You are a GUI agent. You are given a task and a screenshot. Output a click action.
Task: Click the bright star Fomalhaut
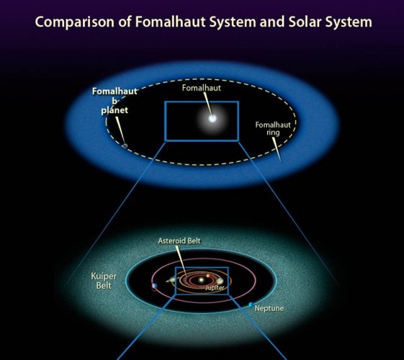(212, 119)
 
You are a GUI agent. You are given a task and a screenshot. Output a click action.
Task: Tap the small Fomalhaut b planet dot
(125, 146)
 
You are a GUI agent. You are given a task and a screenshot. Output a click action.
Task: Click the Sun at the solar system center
(201, 279)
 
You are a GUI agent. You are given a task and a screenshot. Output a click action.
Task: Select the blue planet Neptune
(251, 305)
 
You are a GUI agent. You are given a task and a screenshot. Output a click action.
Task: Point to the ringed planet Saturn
(171, 279)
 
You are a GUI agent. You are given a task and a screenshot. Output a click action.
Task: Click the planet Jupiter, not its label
(220, 281)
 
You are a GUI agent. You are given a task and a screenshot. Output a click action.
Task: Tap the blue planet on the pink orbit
(155, 286)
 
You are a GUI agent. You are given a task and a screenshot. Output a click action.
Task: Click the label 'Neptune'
(269, 308)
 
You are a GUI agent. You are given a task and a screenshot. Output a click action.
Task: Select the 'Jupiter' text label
(215, 287)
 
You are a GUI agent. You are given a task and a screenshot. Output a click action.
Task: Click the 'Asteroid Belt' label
(179, 240)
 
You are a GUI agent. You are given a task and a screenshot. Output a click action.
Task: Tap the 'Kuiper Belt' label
(104, 281)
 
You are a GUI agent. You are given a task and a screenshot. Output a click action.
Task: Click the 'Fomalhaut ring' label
(273, 128)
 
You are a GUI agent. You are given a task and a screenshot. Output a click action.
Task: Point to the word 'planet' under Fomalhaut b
(115, 110)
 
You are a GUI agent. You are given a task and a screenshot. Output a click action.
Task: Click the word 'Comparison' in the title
(74, 22)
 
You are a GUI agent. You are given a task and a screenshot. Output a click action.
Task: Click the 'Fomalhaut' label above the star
(202, 88)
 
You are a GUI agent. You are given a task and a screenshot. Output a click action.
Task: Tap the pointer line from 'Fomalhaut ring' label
(277, 150)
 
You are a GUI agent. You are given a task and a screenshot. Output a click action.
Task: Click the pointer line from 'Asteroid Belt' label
(181, 261)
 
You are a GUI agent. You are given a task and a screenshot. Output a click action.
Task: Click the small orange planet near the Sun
(208, 276)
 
